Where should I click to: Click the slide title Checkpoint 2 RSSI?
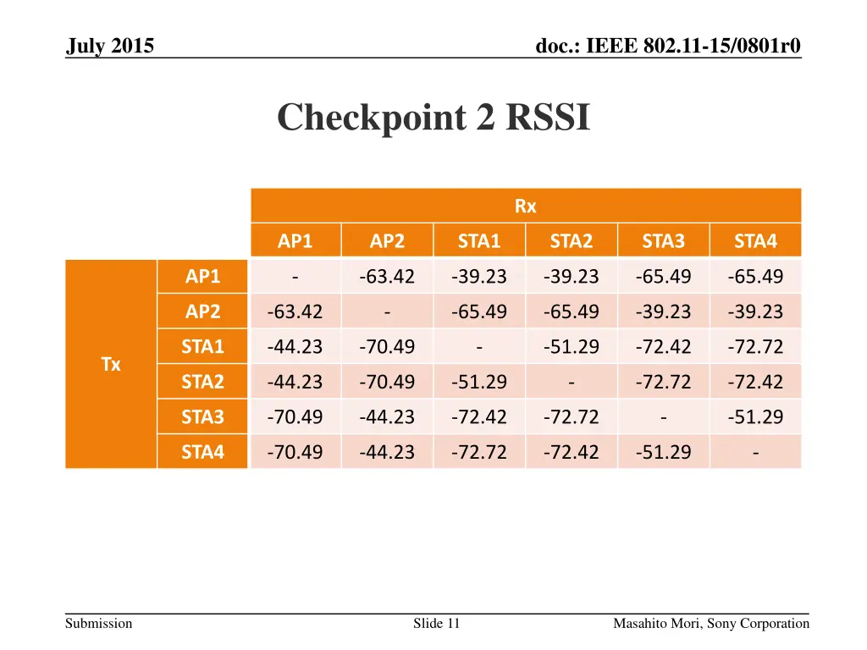click(433, 118)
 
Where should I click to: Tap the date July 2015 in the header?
click(110, 46)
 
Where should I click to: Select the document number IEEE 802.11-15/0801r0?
click(668, 46)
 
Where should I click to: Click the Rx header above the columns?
click(525, 206)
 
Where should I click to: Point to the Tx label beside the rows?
click(111, 365)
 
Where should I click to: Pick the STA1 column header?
click(479, 241)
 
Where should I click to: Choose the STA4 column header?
click(755, 241)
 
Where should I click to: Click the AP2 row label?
click(202, 311)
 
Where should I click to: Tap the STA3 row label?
click(202, 416)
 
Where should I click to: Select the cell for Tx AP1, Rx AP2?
click(387, 277)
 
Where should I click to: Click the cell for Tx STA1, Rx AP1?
click(295, 347)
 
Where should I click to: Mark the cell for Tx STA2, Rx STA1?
click(479, 382)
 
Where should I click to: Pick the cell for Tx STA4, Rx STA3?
click(663, 452)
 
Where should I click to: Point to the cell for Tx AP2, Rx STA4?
click(755, 311)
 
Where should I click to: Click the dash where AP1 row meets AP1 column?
click(295, 277)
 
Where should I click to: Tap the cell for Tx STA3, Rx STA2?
click(572, 416)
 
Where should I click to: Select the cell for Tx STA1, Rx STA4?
click(755, 347)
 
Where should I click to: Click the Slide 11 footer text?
click(436, 624)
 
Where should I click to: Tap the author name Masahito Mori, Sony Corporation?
click(711, 624)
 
